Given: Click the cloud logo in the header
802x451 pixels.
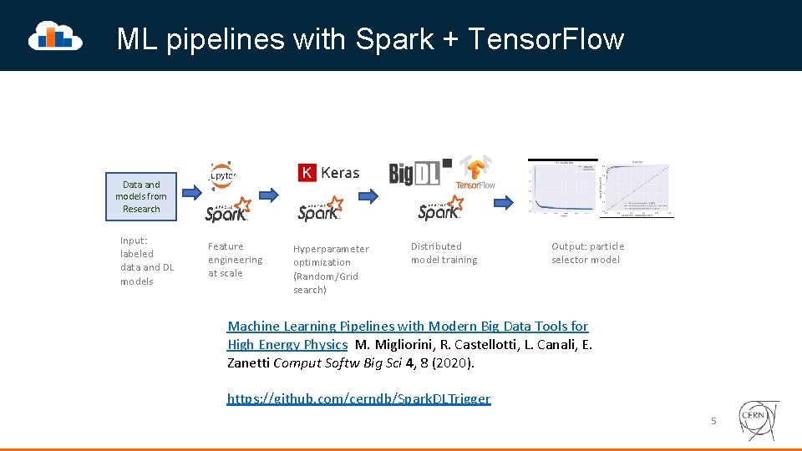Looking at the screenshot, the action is point(55,36).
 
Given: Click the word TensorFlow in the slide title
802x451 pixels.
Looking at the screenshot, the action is point(546,38).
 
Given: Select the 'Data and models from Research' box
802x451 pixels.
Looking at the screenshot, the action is point(141,197).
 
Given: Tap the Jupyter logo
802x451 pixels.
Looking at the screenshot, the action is point(222,175).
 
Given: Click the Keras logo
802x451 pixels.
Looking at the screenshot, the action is point(328,172).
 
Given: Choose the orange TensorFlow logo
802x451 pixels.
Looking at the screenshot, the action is point(475,173).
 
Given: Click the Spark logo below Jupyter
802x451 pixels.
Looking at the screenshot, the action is point(228,210).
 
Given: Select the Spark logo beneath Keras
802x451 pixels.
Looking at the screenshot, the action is point(320,209).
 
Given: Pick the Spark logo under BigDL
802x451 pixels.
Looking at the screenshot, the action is point(440,209).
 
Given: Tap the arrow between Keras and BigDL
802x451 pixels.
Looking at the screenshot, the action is point(368,196).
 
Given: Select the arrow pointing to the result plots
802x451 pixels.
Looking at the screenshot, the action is point(503,201).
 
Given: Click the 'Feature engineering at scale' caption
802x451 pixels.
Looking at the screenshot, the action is point(235,260).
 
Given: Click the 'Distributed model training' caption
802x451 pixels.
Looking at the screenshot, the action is point(444,253).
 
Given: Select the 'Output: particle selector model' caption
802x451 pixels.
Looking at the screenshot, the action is point(587,253).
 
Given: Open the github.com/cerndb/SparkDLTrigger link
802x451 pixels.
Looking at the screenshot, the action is point(359,398).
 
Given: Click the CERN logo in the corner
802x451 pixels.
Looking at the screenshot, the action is point(759,420).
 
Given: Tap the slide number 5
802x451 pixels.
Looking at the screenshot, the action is point(713,421).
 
